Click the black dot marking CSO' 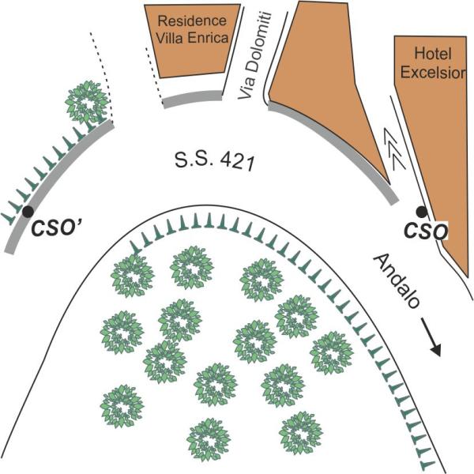pos(28,211)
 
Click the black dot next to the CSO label pos(422,212)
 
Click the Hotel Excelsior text pos(427,63)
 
